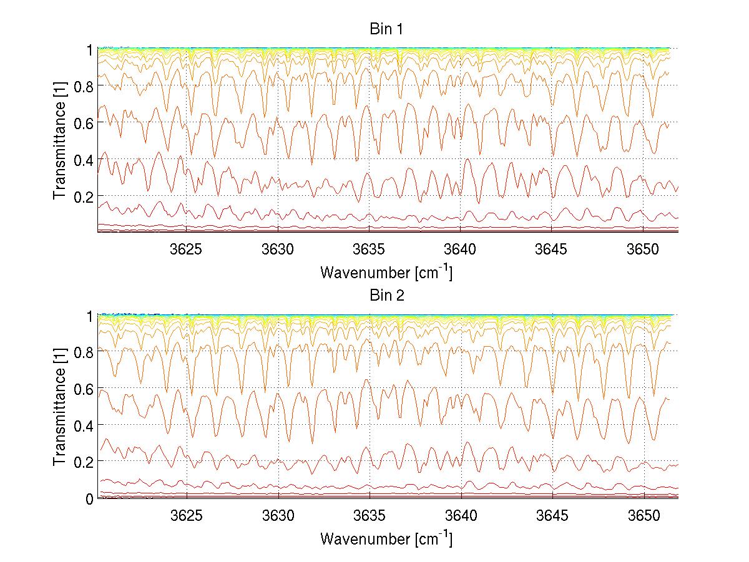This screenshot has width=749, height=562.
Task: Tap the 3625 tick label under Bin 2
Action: coord(187,515)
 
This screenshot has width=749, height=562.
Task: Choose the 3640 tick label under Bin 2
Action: coord(461,515)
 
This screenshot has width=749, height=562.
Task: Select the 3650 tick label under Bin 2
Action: coord(644,515)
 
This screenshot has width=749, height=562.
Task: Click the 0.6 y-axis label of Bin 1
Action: coord(84,123)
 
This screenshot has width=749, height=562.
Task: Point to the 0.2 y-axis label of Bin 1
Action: coord(84,196)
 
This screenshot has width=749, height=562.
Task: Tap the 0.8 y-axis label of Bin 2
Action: coord(84,352)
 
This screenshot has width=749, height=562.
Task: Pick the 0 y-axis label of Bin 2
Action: coord(90,499)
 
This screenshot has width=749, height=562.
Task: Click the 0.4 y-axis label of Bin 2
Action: coord(84,425)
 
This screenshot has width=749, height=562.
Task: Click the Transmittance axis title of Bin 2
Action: coord(61,407)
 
